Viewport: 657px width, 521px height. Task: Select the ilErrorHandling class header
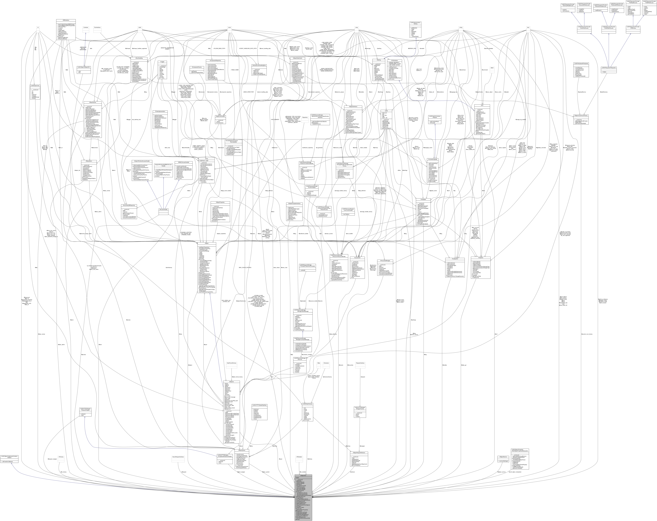coord(139,58)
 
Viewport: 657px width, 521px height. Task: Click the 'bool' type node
coord(528,27)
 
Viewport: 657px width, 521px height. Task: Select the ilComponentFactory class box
coord(196,67)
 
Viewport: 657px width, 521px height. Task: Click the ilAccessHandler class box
coord(164,209)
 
